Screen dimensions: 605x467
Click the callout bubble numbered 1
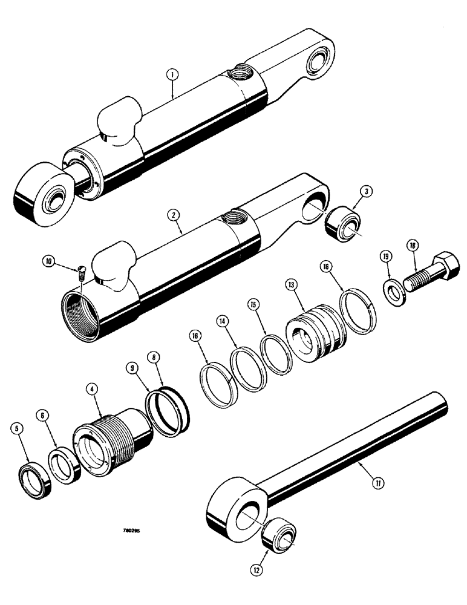pos(172,76)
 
